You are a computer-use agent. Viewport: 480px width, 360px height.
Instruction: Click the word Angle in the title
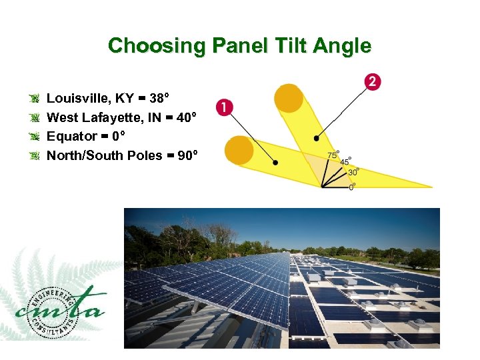point(345,46)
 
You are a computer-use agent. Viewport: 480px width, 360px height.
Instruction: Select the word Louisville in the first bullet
point(77,99)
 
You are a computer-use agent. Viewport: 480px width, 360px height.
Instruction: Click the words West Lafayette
point(91,118)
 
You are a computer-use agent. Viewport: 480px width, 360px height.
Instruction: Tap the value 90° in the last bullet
point(187,155)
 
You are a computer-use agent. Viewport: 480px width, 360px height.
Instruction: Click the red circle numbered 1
point(225,107)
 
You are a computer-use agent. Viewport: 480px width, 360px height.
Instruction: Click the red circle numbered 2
point(373,82)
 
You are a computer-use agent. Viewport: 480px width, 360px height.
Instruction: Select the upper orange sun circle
point(289,97)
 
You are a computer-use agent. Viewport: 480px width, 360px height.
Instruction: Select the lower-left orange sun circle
point(239,150)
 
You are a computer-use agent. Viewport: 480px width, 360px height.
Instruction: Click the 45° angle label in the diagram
point(345,161)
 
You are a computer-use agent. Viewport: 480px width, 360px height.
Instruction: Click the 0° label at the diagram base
point(352,187)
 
